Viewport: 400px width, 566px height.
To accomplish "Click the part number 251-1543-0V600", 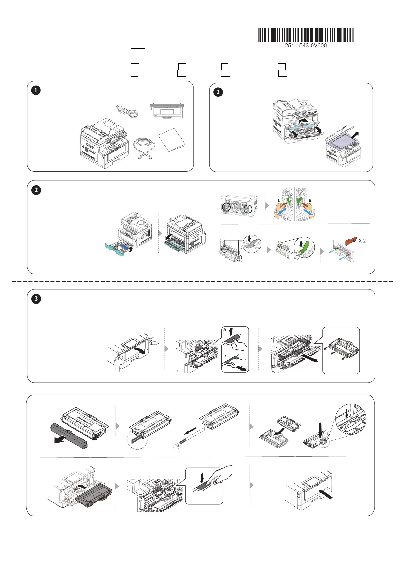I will [x=306, y=46].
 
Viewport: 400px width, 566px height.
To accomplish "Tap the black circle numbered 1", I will [x=36, y=90].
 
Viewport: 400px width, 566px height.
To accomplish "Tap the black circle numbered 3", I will [x=36, y=299].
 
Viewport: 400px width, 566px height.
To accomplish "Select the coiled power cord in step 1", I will [x=127, y=110].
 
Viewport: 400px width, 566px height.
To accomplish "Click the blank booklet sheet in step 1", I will [x=171, y=139].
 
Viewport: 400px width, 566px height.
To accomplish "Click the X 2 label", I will [x=362, y=241].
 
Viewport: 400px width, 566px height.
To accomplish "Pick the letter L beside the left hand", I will [x=279, y=201].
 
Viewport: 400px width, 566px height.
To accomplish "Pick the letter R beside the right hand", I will [x=310, y=201].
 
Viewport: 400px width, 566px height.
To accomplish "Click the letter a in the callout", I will [x=225, y=330].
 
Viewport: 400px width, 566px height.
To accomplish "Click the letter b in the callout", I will [x=225, y=355].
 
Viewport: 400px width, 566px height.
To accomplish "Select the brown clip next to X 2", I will [x=351, y=241].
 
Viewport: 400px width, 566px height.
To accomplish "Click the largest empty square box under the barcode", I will [x=138, y=54].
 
